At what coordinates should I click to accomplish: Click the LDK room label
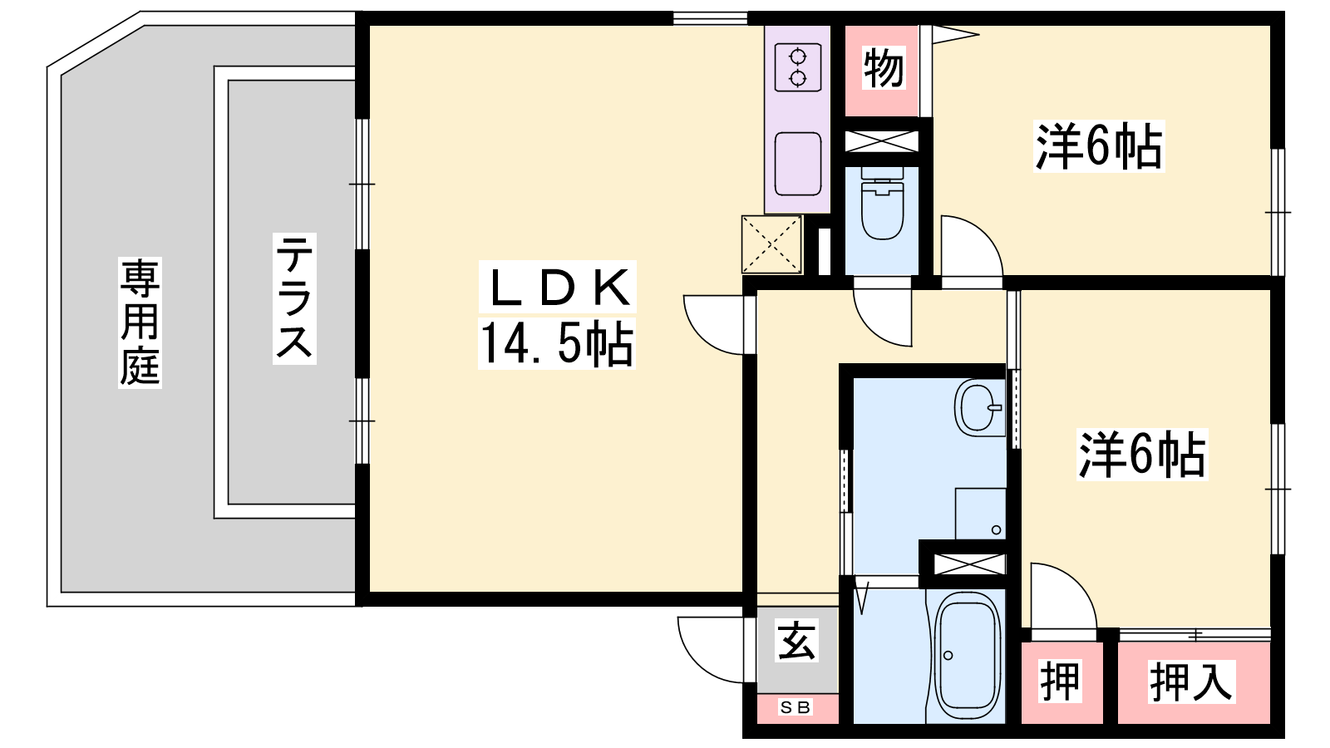tap(557, 287)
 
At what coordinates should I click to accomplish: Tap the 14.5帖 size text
tap(556, 344)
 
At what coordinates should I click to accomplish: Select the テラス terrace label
tap(294, 298)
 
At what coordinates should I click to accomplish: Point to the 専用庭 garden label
tap(140, 322)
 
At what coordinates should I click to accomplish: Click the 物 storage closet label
tap(884, 67)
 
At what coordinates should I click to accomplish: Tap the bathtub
tap(968, 656)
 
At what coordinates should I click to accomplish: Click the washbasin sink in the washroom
tap(979, 408)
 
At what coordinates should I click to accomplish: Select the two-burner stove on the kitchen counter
tap(797, 67)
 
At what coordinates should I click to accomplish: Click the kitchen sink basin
tap(797, 163)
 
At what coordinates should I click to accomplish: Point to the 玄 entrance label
tap(797, 640)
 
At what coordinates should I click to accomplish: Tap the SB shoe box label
tap(795, 707)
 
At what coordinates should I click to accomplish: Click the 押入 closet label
tap(1191, 682)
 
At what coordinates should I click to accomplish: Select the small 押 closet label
tap(1060, 682)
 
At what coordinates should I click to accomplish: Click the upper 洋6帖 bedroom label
tap(1098, 146)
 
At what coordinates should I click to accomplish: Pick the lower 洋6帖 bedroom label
tap(1142, 454)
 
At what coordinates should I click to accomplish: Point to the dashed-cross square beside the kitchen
tap(771, 244)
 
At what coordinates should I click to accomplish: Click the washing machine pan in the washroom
tap(980, 514)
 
